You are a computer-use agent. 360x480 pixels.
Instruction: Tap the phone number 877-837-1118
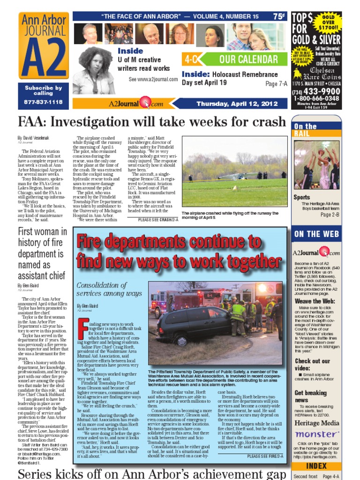(x=43, y=102)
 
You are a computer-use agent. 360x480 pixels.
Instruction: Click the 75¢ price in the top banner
(x=279, y=16)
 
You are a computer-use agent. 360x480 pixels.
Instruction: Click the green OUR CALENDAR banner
(x=249, y=60)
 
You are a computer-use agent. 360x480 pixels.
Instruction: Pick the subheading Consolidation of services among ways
(x=109, y=289)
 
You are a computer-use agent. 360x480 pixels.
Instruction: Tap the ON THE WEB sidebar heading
(x=314, y=234)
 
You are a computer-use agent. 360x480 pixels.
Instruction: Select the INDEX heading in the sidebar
(x=315, y=466)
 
